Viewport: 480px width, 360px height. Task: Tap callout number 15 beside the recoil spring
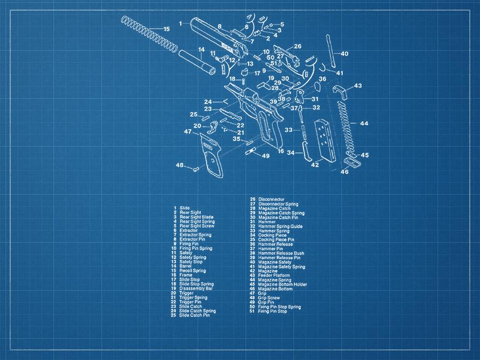[166, 29]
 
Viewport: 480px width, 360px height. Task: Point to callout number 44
[364, 124]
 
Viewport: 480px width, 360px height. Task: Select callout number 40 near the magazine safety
[344, 54]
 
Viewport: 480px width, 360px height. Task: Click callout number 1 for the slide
[180, 23]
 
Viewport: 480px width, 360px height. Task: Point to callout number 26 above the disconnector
[297, 46]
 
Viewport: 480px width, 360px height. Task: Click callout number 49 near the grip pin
[265, 156]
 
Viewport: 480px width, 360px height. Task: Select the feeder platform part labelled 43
[340, 91]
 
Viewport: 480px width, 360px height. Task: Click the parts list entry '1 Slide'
[181, 208]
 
